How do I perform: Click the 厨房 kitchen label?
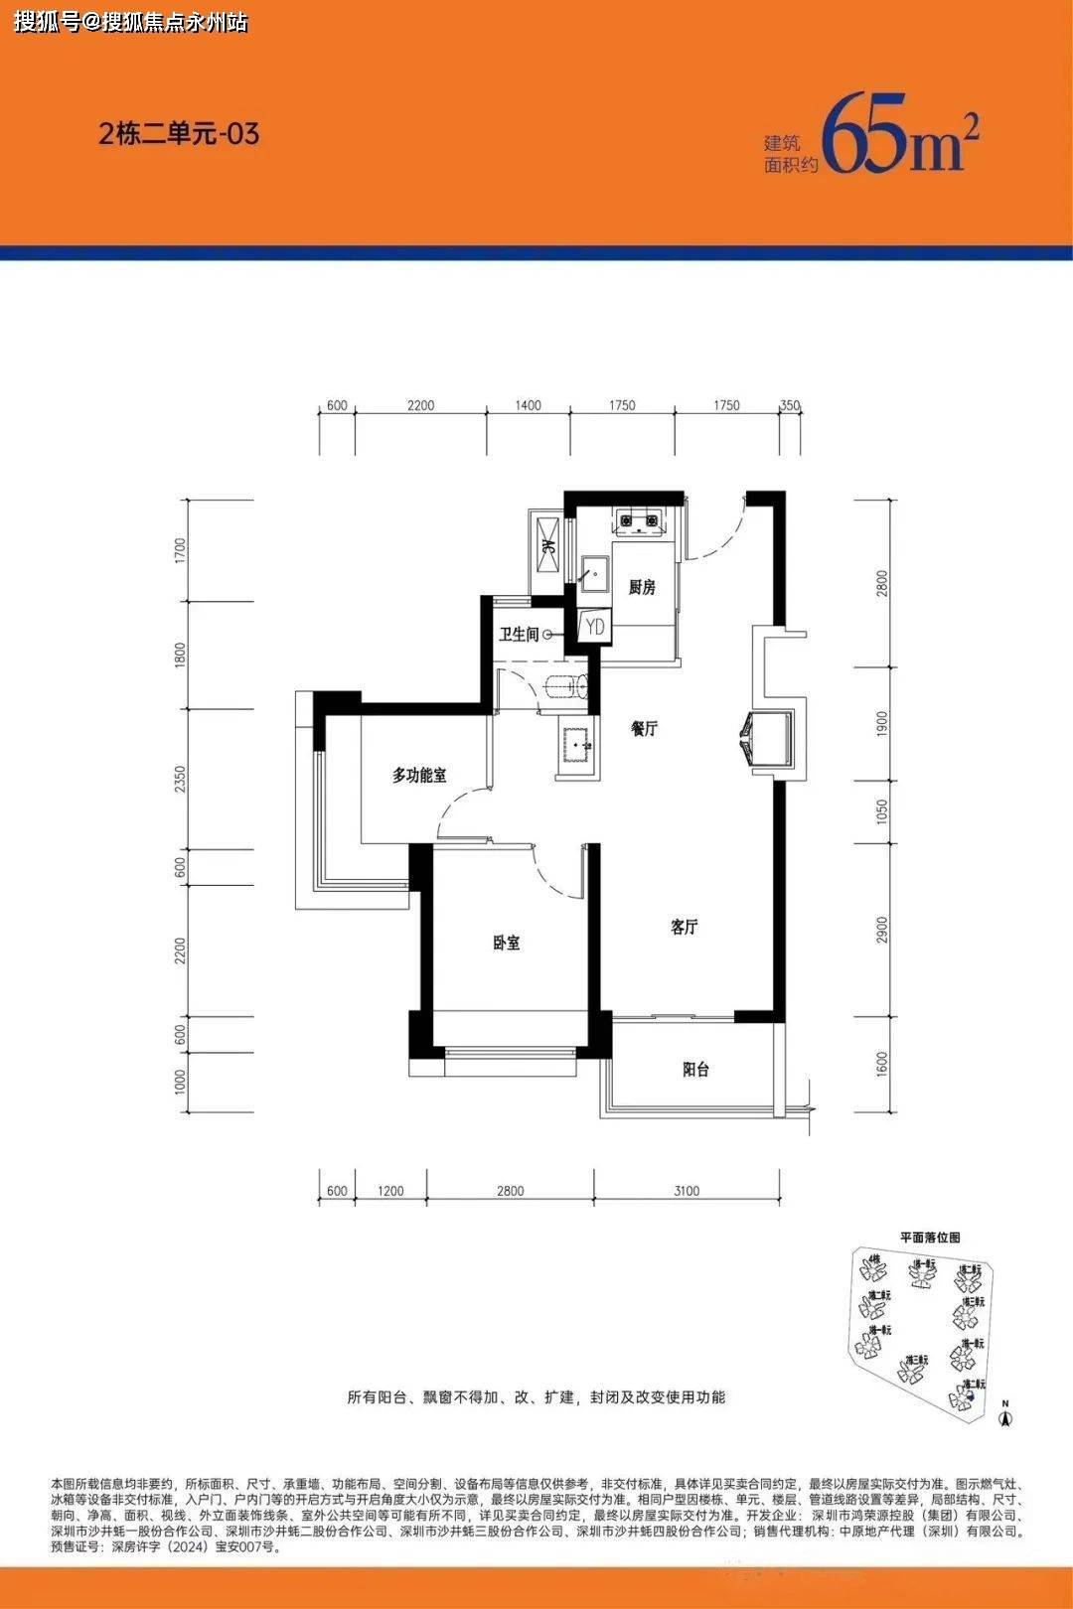642,587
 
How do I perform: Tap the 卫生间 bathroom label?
519,634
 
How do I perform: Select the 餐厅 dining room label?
644,728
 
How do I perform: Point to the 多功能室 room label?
419,775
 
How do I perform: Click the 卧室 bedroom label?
507,942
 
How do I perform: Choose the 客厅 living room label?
684,927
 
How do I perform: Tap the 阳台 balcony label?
695,1070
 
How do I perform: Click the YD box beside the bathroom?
594,627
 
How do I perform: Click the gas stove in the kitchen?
640,519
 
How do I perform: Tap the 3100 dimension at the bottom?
686,1190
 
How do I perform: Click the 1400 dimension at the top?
528,405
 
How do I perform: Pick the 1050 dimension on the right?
882,813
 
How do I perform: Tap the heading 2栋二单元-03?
179,133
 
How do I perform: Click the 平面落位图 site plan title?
930,1238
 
